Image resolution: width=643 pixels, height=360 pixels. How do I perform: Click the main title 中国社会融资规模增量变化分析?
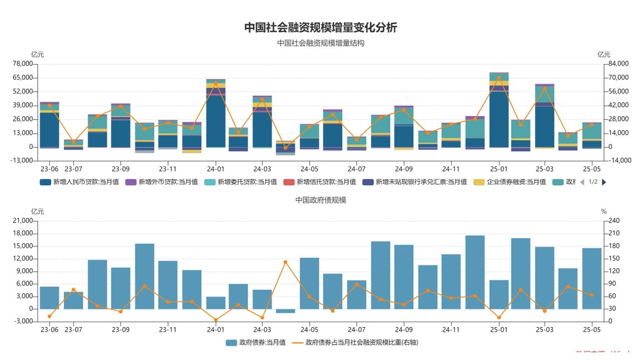click(x=321, y=27)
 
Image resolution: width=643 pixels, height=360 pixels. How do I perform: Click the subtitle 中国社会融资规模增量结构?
click(x=321, y=43)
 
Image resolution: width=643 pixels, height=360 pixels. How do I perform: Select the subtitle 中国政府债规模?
click(x=321, y=200)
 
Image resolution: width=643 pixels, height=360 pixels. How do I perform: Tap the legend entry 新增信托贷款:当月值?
click(x=319, y=182)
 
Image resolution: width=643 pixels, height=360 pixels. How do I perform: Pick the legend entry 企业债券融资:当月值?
click(x=510, y=182)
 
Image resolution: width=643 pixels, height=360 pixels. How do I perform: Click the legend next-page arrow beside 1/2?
click(x=604, y=182)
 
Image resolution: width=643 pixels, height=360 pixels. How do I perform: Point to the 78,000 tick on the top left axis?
click(x=23, y=64)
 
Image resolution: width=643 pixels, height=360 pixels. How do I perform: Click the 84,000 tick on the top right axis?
click(x=619, y=64)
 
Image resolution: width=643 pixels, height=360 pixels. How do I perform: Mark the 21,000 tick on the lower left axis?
click(x=23, y=221)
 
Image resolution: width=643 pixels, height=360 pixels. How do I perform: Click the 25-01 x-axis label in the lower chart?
click(x=499, y=329)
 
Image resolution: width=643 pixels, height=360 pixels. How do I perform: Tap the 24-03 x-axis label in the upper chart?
click(x=262, y=169)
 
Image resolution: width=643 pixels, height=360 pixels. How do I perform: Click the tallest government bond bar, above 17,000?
click(x=475, y=272)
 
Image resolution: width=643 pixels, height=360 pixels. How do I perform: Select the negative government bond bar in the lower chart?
click(x=285, y=311)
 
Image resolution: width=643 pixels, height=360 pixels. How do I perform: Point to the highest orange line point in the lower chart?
click(x=285, y=262)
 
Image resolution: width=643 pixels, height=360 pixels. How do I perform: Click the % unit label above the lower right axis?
click(x=604, y=211)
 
